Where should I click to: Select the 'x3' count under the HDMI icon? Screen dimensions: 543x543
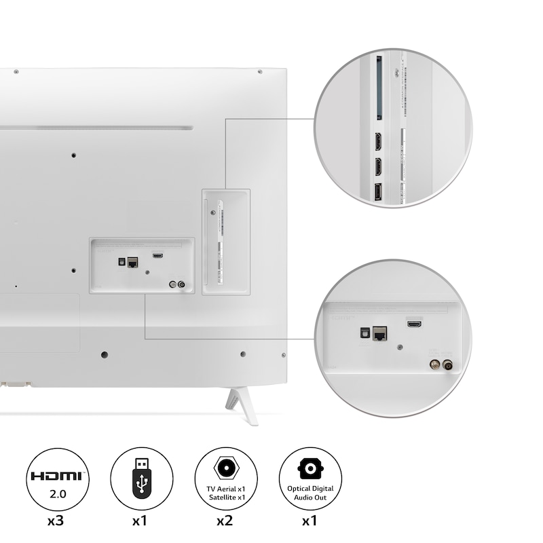point(56,522)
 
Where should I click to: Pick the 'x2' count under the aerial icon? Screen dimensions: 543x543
point(226,522)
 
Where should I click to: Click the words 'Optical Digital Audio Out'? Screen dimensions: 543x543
point(310,493)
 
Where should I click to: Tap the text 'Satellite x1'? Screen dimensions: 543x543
point(226,498)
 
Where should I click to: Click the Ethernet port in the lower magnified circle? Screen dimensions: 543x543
point(381,333)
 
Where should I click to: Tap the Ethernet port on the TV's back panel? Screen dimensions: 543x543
point(132,262)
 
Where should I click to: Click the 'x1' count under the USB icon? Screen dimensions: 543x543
point(141,522)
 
